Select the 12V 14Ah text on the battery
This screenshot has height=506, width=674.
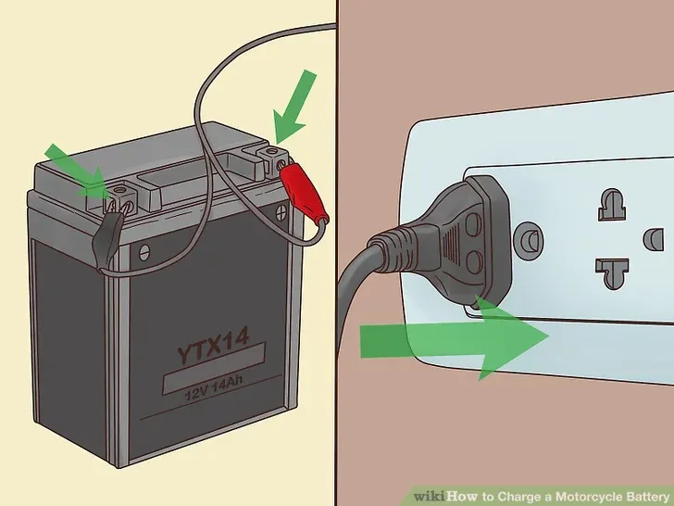(x=214, y=388)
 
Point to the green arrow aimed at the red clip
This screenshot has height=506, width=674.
(x=294, y=107)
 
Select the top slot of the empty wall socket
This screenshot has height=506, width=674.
(x=611, y=204)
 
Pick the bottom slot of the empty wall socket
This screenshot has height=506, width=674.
(x=612, y=272)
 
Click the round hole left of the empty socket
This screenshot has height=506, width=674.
(x=529, y=241)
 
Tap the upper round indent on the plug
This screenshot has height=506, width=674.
(x=473, y=224)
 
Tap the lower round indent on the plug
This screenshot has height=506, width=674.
(x=473, y=261)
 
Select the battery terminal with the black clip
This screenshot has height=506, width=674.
(x=120, y=199)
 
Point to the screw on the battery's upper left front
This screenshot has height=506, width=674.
(x=144, y=253)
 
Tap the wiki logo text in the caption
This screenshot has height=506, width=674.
(x=430, y=496)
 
